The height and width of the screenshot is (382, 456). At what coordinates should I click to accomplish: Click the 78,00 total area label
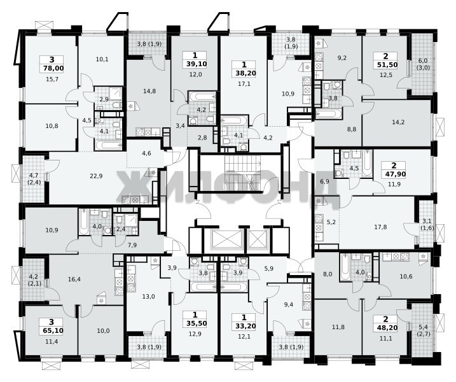[x=52, y=68]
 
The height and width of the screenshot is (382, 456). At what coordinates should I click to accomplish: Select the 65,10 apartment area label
[x=52, y=330]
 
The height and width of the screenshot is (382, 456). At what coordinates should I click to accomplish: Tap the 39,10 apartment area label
[x=195, y=64]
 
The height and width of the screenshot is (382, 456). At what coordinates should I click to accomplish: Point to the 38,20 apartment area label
[x=244, y=73]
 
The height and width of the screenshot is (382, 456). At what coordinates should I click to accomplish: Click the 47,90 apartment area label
[x=394, y=174]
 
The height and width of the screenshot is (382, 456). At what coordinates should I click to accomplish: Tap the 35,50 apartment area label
[x=195, y=323]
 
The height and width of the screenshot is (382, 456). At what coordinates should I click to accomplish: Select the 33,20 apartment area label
[x=244, y=326]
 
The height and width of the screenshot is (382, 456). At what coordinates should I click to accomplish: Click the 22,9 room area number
[x=96, y=176]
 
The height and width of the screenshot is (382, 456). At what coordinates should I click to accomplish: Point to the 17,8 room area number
[x=380, y=227]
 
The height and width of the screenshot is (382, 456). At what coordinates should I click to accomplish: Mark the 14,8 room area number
[x=149, y=91]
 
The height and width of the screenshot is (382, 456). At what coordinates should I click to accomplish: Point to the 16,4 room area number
[x=74, y=279]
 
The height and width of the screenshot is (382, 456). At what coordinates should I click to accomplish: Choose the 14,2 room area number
[x=398, y=122]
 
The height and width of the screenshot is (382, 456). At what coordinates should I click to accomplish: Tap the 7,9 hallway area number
[x=132, y=245]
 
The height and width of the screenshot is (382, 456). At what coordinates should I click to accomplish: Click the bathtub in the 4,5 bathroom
[x=368, y=163]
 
